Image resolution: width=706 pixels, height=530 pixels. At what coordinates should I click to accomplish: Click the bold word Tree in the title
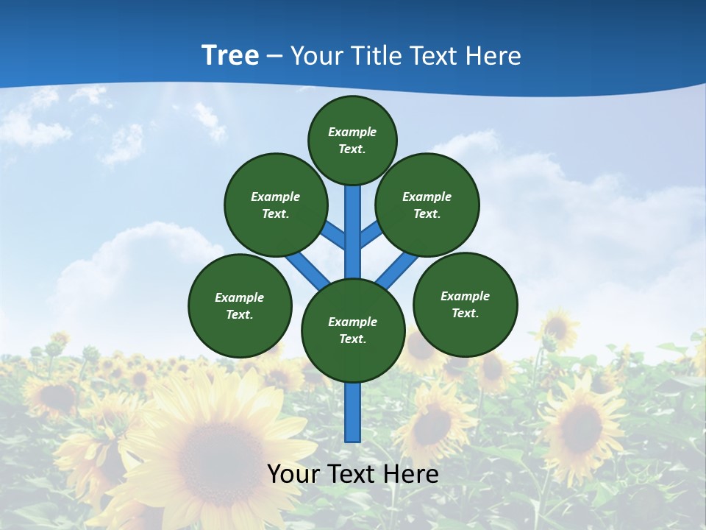[230, 55]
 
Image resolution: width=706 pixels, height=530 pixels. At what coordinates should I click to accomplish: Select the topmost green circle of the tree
[352, 140]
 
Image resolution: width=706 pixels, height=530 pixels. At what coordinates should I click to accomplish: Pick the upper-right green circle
[427, 205]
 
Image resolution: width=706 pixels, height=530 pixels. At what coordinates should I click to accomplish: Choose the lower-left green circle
[240, 305]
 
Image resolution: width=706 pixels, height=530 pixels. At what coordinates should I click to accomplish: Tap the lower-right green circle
[465, 304]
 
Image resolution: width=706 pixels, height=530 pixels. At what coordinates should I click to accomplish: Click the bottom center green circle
[353, 331]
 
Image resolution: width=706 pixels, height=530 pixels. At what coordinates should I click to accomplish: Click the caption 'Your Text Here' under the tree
[353, 474]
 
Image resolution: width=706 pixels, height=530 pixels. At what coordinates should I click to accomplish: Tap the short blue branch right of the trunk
[370, 235]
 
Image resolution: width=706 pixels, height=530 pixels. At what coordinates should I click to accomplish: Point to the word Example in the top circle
[352, 132]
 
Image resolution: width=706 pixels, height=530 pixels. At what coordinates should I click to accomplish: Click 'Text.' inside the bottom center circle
[352, 339]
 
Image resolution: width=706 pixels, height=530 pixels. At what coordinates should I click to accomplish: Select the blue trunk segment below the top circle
[353, 221]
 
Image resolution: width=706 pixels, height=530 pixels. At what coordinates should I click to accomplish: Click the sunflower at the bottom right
[581, 427]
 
